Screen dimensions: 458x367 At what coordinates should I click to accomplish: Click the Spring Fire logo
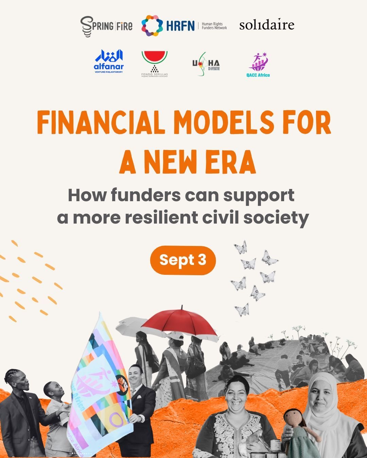(106, 26)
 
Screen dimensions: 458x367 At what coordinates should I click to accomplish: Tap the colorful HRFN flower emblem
(152, 26)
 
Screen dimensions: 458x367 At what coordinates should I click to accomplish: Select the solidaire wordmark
(267, 25)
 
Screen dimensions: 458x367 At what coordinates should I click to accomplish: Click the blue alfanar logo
(109, 61)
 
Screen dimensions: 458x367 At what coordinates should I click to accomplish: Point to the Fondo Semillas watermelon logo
(155, 63)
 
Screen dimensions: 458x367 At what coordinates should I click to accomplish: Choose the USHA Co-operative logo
(206, 63)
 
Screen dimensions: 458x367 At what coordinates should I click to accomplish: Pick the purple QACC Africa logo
(258, 65)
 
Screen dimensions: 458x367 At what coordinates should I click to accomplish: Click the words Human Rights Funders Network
(214, 26)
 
